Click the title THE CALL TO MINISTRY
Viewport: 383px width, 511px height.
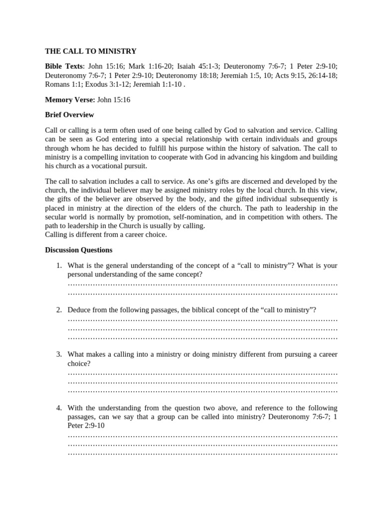point(91,51)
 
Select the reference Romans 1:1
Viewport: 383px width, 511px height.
point(59,84)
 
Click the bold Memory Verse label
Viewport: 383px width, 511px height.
point(70,100)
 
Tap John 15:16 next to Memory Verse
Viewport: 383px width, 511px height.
point(114,100)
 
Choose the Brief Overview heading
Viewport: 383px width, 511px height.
point(69,115)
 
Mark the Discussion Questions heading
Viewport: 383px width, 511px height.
point(79,250)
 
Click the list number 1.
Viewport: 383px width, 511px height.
point(58,265)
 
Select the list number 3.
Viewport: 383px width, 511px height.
point(58,354)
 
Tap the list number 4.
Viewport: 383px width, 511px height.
point(58,408)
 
